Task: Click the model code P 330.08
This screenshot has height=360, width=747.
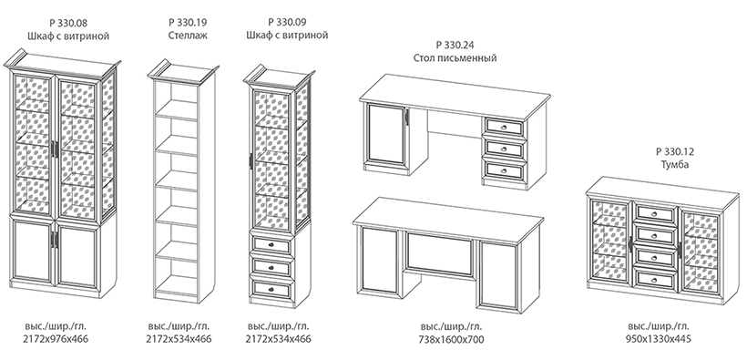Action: (68, 23)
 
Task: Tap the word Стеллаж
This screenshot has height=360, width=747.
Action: (188, 36)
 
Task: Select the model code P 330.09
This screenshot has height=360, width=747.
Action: (288, 22)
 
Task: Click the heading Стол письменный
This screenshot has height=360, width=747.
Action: (455, 58)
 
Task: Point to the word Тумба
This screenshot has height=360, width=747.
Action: (675, 165)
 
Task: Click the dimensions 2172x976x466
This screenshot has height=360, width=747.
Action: (56, 339)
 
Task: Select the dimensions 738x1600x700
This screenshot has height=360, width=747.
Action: (451, 340)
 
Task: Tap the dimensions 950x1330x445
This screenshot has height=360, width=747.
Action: (658, 339)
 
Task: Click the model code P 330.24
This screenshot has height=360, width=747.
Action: (455, 46)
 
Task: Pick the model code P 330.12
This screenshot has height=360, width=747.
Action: (675, 152)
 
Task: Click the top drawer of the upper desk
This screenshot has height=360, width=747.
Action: (504, 127)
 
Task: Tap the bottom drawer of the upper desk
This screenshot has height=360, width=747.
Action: (504, 170)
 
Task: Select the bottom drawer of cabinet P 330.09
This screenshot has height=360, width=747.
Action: (271, 289)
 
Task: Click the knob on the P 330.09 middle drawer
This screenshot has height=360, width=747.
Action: (272, 268)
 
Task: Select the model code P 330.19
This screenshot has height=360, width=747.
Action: (188, 23)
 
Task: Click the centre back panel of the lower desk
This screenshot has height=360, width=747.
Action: (440, 253)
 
